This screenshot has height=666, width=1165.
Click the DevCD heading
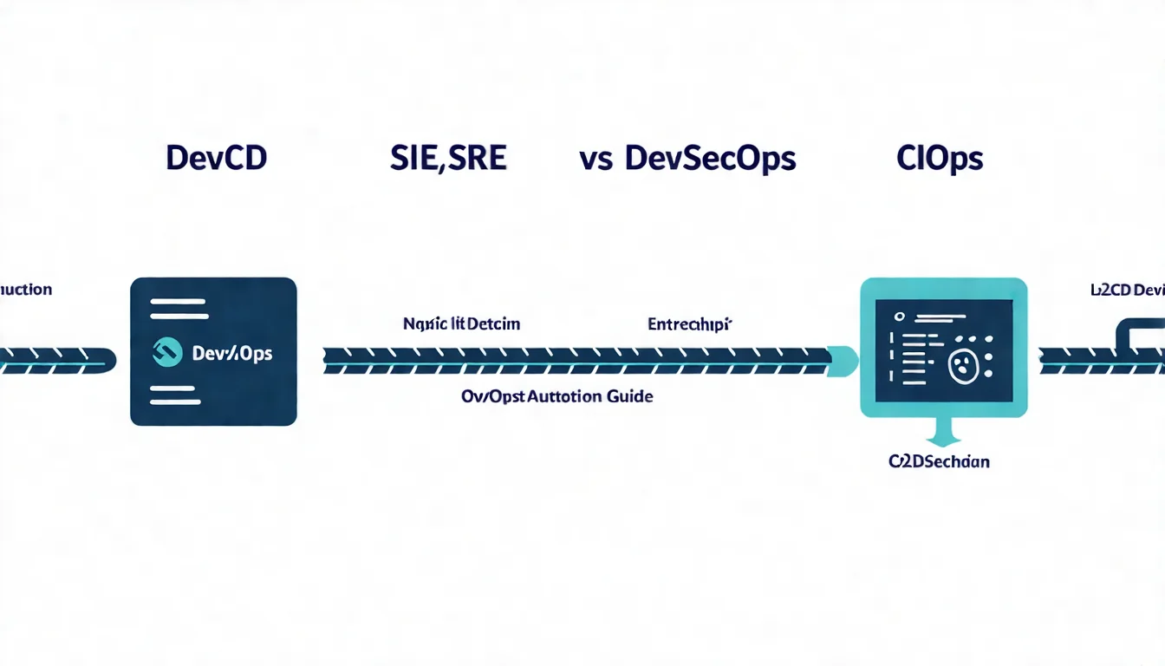[216, 158]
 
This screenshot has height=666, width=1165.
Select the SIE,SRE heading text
[448, 158]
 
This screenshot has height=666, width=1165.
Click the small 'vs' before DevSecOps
[596, 160]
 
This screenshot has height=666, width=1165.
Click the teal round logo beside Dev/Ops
[167, 351]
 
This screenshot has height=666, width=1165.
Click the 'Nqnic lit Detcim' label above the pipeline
[461, 324]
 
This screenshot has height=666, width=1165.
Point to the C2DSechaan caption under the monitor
[939, 461]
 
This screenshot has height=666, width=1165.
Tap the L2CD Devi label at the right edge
[1126, 291]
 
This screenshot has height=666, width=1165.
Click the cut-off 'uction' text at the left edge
[26, 289]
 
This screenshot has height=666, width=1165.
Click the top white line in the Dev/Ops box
[179, 303]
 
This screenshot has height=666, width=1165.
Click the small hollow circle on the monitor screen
[899, 317]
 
